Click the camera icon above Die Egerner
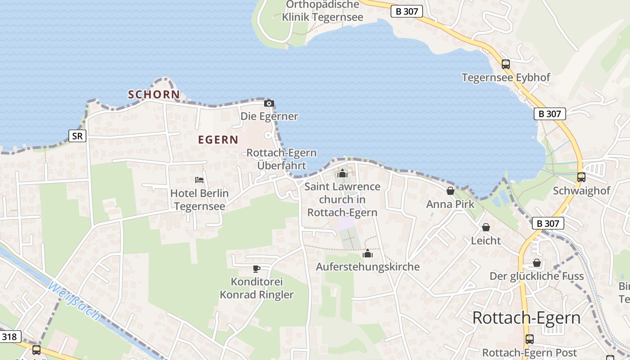click(x=269, y=103)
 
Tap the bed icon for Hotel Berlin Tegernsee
click(x=199, y=180)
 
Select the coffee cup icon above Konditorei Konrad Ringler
click(x=256, y=269)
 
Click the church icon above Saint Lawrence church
click(x=342, y=173)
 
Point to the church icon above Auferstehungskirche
click(x=368, y=254)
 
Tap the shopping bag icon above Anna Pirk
click(x=450, y=191)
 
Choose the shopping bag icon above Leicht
click(x=486, y=228)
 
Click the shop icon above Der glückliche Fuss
click(x=537, y=263)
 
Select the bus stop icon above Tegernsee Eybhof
click(x=506, y=64)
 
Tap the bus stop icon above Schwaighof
click(x=581, y=177)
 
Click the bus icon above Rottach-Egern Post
click(x=530, y=339)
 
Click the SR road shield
click(x=78, y=136)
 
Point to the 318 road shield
click(x=9, y=337)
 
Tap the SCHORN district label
click(x=154, y=94)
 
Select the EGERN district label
click(x=218, y=139)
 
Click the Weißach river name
click(x=75, y=301)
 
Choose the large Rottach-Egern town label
click(x=526, y=318)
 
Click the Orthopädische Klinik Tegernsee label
click(x=323, y=11)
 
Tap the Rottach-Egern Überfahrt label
click(x=281, y=159)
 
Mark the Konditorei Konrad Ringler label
click(x=256, y=288)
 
